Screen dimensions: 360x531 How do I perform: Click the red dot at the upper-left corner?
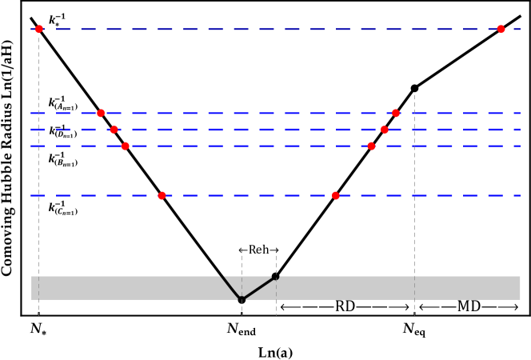38,29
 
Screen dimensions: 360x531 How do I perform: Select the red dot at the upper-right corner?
501,29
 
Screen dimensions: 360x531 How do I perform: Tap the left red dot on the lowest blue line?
162,195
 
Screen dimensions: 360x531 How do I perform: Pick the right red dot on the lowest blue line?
336,195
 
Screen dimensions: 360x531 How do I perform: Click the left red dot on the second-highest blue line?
101,113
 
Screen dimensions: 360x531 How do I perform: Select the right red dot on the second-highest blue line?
396,113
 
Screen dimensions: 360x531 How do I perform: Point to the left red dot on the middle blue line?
114,130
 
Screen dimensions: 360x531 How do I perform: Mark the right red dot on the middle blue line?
385,130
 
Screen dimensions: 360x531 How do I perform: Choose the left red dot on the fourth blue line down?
125,146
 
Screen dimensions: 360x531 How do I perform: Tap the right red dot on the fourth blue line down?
371,146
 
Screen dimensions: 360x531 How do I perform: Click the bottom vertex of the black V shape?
242,299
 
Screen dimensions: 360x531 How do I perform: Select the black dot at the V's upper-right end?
276,277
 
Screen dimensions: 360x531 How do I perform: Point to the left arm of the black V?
231,287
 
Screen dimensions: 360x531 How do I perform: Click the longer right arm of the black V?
259,288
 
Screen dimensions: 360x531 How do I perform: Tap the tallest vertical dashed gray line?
414,200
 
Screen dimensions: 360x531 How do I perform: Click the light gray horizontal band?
400,288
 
